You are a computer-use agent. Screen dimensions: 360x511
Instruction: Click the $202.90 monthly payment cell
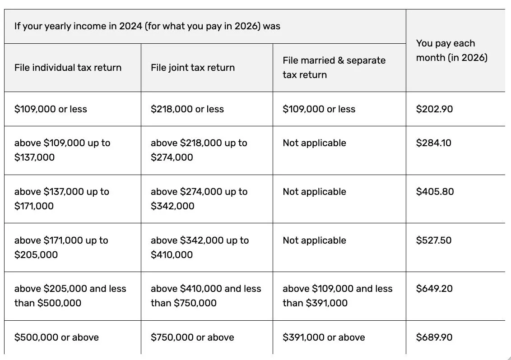click(434, 109)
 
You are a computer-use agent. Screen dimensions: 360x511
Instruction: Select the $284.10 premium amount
click(434, 143)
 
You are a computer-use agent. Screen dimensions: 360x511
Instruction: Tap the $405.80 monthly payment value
click(435, 192)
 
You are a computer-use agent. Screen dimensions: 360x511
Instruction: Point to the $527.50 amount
click(434, 240)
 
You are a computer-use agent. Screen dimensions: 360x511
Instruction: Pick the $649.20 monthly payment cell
click(434, 289)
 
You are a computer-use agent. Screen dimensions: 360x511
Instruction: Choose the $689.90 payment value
click(434, 337)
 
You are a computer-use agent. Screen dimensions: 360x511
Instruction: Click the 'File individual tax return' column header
click(68, 68)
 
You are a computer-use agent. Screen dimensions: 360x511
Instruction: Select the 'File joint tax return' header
click(193, 68)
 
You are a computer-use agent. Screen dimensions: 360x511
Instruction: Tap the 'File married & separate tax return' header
click(334, 68)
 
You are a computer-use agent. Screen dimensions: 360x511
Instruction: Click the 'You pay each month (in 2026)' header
click(452, 51)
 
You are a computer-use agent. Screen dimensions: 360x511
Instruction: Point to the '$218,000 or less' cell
click(187, 109)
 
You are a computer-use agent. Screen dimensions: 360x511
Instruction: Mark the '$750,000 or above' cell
click(192, 337)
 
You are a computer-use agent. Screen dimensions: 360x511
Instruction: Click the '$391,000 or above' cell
click(324, 337)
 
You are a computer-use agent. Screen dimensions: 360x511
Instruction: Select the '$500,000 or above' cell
click(56, 337)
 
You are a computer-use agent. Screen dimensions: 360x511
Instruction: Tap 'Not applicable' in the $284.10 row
click(314, 143)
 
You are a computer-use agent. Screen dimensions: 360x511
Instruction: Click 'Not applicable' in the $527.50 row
click(314, 240)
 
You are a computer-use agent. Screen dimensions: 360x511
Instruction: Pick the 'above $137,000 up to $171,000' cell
click(62, 199)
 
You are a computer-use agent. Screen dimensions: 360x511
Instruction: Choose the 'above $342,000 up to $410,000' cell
click(200, 248)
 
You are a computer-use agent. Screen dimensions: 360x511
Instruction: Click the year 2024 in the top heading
click(131, 26)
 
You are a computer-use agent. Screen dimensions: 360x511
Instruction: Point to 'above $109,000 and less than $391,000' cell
click(338, 296)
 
